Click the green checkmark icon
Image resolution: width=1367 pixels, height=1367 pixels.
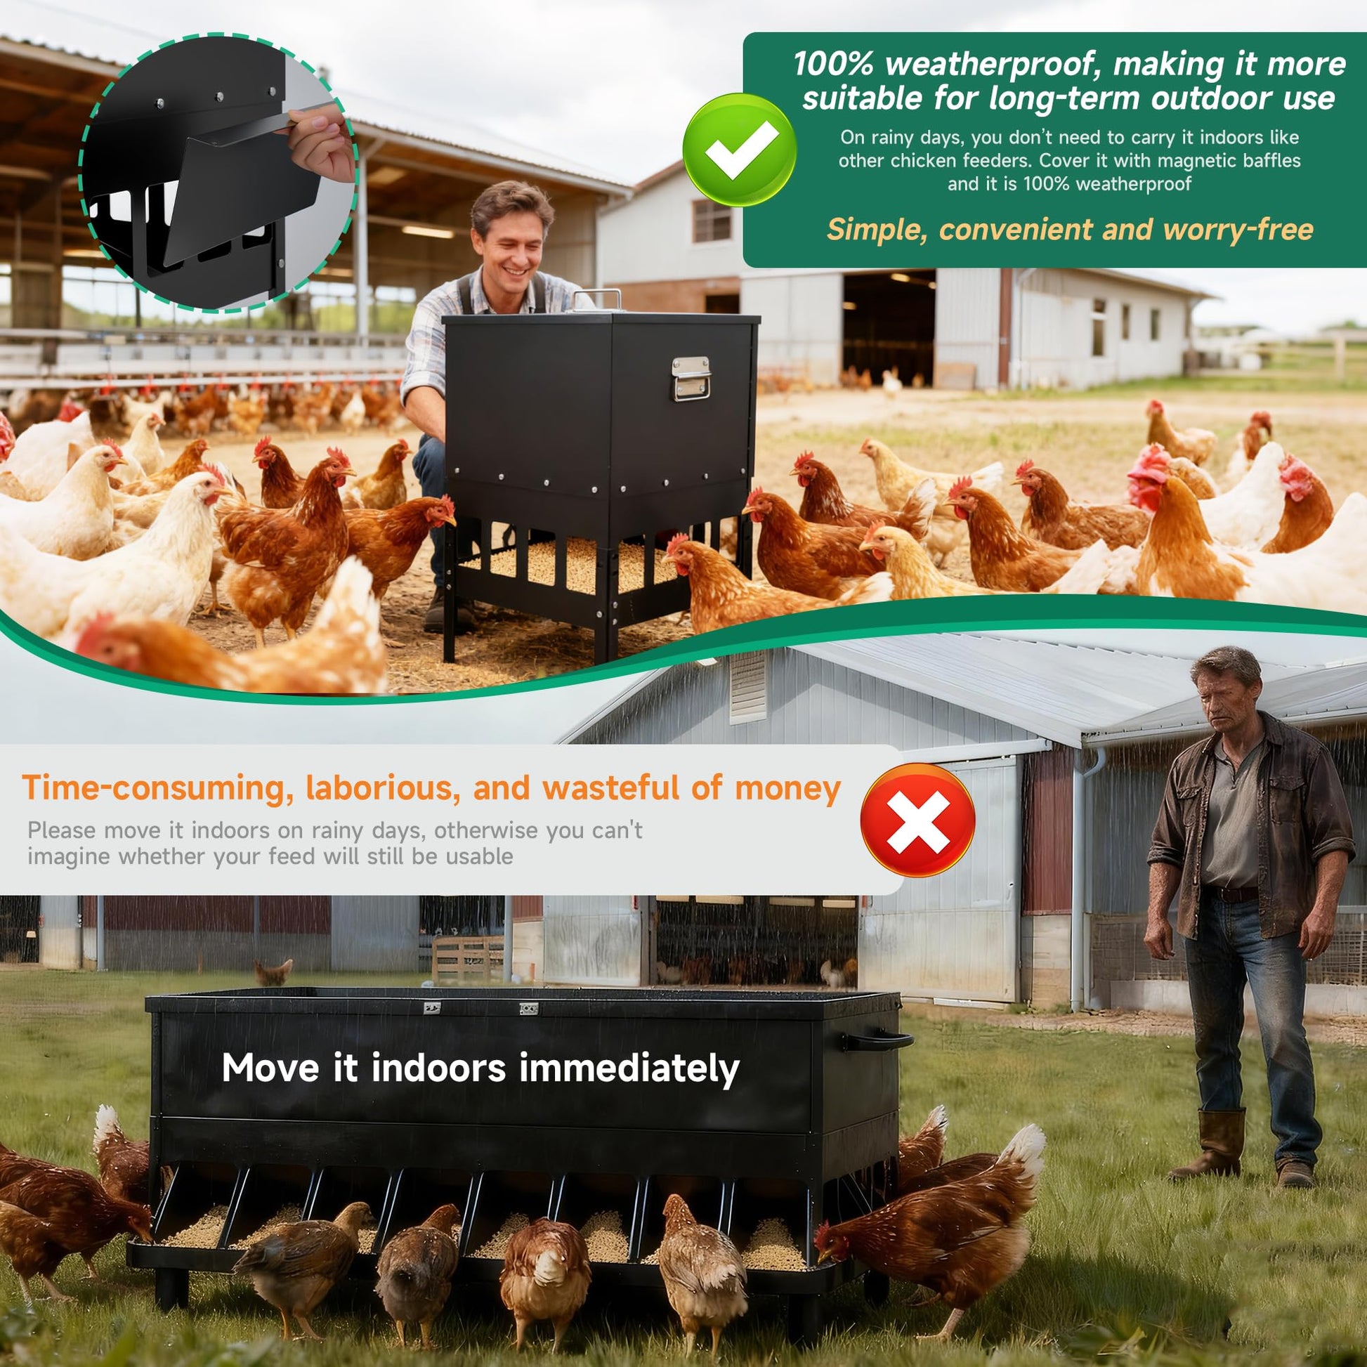(x=739, y=150)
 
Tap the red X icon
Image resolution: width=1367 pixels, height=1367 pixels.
(x=917, y=821)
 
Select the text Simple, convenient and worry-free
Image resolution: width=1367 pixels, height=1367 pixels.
(x=1070, y=229)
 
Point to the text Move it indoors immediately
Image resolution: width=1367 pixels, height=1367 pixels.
(x=480, y=1068)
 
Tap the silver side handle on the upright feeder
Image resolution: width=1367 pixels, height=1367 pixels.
(x=691, y=379)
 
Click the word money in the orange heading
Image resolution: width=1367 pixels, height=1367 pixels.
(x=787, y=788)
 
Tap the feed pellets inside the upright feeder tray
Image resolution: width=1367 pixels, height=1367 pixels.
(x=566, y=567)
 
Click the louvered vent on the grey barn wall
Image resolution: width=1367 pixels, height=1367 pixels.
(x=749, y=686)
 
